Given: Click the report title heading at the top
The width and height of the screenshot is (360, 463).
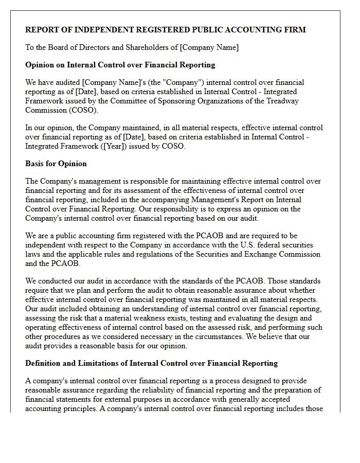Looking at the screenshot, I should click(165, 30).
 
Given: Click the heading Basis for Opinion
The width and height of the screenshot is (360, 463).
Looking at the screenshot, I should click(56, 164).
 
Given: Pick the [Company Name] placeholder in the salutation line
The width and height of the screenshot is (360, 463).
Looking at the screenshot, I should click(209, 47).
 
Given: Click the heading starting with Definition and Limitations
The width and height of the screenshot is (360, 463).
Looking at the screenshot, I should click(151, 363).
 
